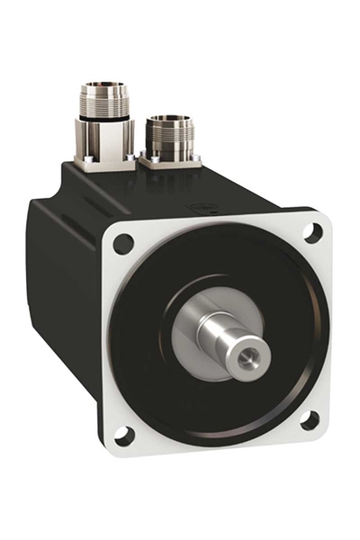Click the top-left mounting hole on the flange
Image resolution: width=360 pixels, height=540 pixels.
pyautogui.click(x=123, y=243)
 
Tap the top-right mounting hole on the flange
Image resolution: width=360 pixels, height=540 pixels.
pyautogui.click(x=311, y=232)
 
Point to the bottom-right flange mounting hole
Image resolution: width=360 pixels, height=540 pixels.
pyautogui.click(x=309, y=419)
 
